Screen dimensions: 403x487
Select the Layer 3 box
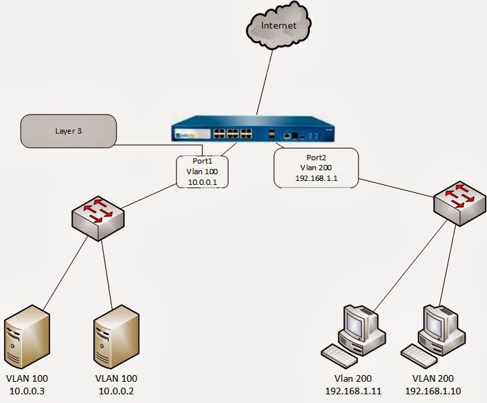[x=69, y=131]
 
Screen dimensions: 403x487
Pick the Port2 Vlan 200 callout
[x=316, y=168]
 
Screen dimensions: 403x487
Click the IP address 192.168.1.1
[x=316, y=179]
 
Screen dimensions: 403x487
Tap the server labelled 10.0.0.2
[x=117, y=336]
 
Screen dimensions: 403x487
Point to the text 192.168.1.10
[x=432, y=390]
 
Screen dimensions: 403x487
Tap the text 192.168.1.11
[x=352, y=390]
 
